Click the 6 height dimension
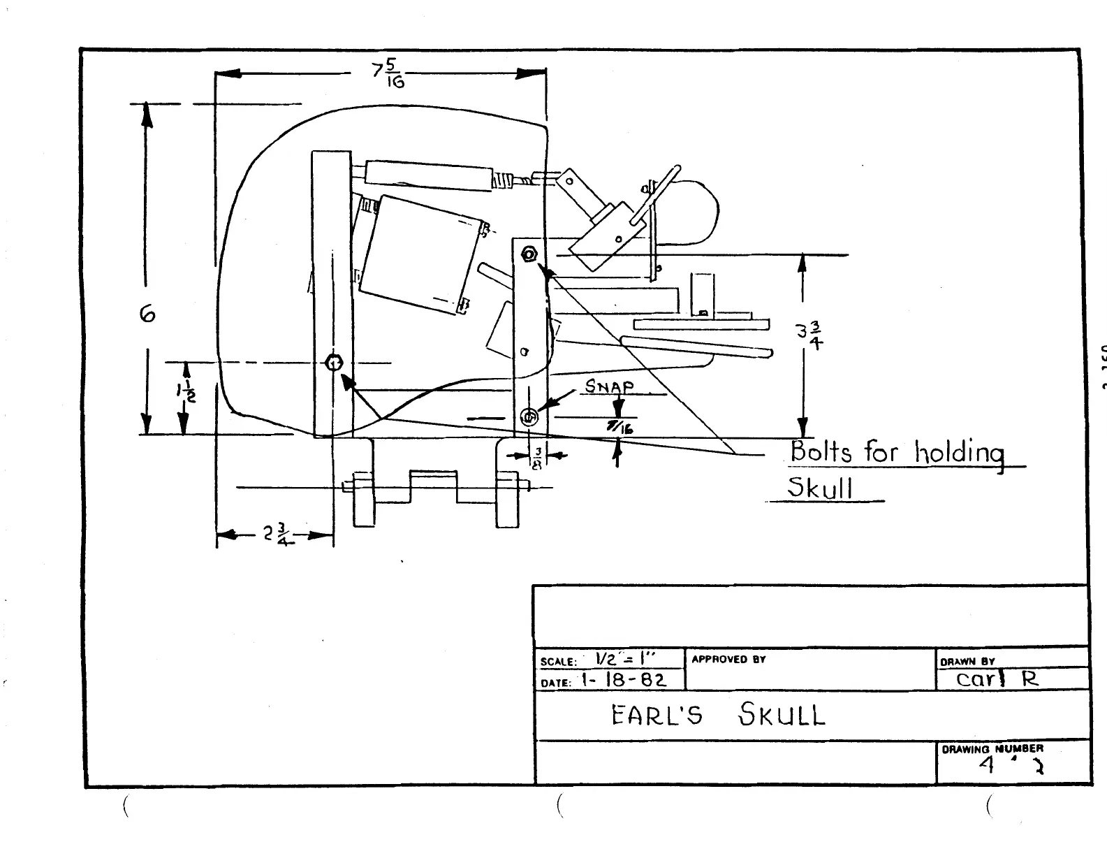click(147, 314)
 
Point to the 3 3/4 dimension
click(810, 335)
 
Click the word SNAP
click(609, 386)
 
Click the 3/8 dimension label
click(537, 458)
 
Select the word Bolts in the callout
click(821, 451)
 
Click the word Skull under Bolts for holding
click(821, 487)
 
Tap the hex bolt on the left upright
click(334, 363)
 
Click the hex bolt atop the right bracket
click(529, 254)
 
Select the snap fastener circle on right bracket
click(529, 417)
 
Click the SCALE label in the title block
click(558, 661)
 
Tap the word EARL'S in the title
click(657, 716)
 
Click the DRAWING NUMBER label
click(992, 748)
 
